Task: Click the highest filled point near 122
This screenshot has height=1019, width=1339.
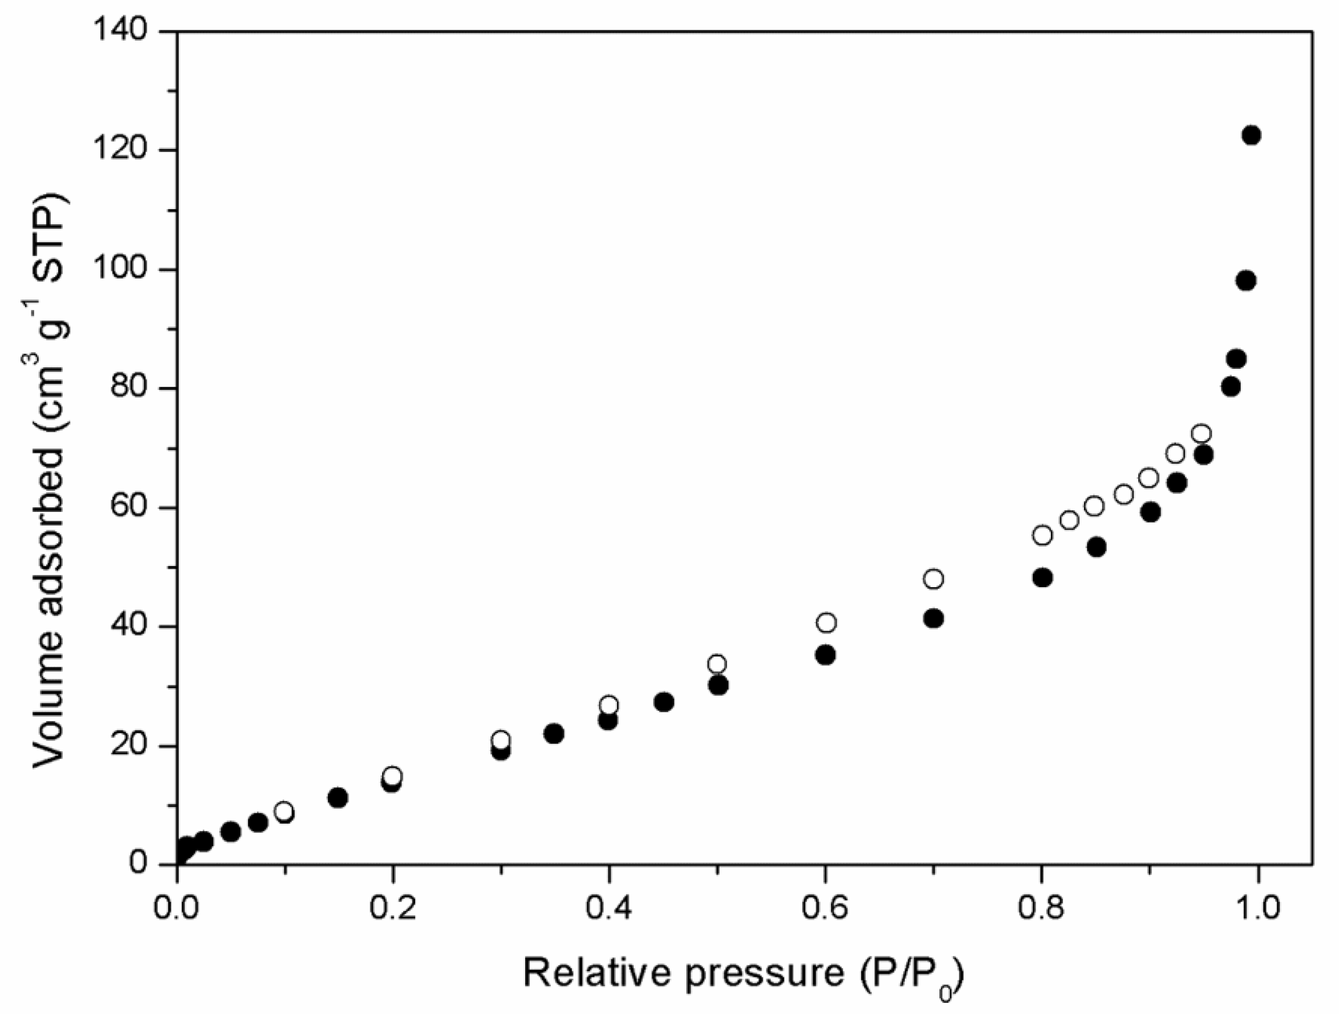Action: coord(1251,135)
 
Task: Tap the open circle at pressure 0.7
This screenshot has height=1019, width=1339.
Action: coord(934,579)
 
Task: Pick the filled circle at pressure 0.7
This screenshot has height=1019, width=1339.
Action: coord(934,618)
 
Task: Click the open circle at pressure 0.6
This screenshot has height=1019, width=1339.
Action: coord(826,622)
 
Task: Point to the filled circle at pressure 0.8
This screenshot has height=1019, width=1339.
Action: coord(1042,577)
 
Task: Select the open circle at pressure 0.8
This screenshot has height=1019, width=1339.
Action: coord(1042,535)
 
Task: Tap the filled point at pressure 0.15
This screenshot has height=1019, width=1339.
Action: coord(338,798)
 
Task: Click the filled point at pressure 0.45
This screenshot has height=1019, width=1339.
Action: coord(664,702)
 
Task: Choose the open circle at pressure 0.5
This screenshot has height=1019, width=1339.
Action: coord(718,663)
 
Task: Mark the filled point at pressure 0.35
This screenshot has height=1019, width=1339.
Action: coord(553,734)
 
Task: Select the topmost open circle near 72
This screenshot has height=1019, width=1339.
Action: coord(1201,434)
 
